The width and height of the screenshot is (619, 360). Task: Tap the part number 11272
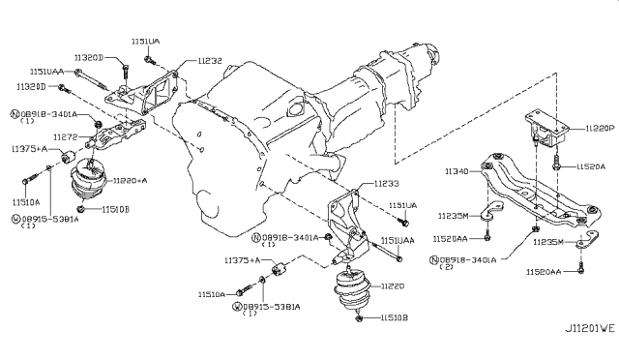click(x=65, y=138)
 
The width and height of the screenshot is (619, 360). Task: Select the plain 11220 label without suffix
click(x=392, y=286)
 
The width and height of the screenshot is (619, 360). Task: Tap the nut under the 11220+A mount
click(x=85, y=209)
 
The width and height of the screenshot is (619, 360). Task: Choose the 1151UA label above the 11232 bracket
click(x=147, y=42)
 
